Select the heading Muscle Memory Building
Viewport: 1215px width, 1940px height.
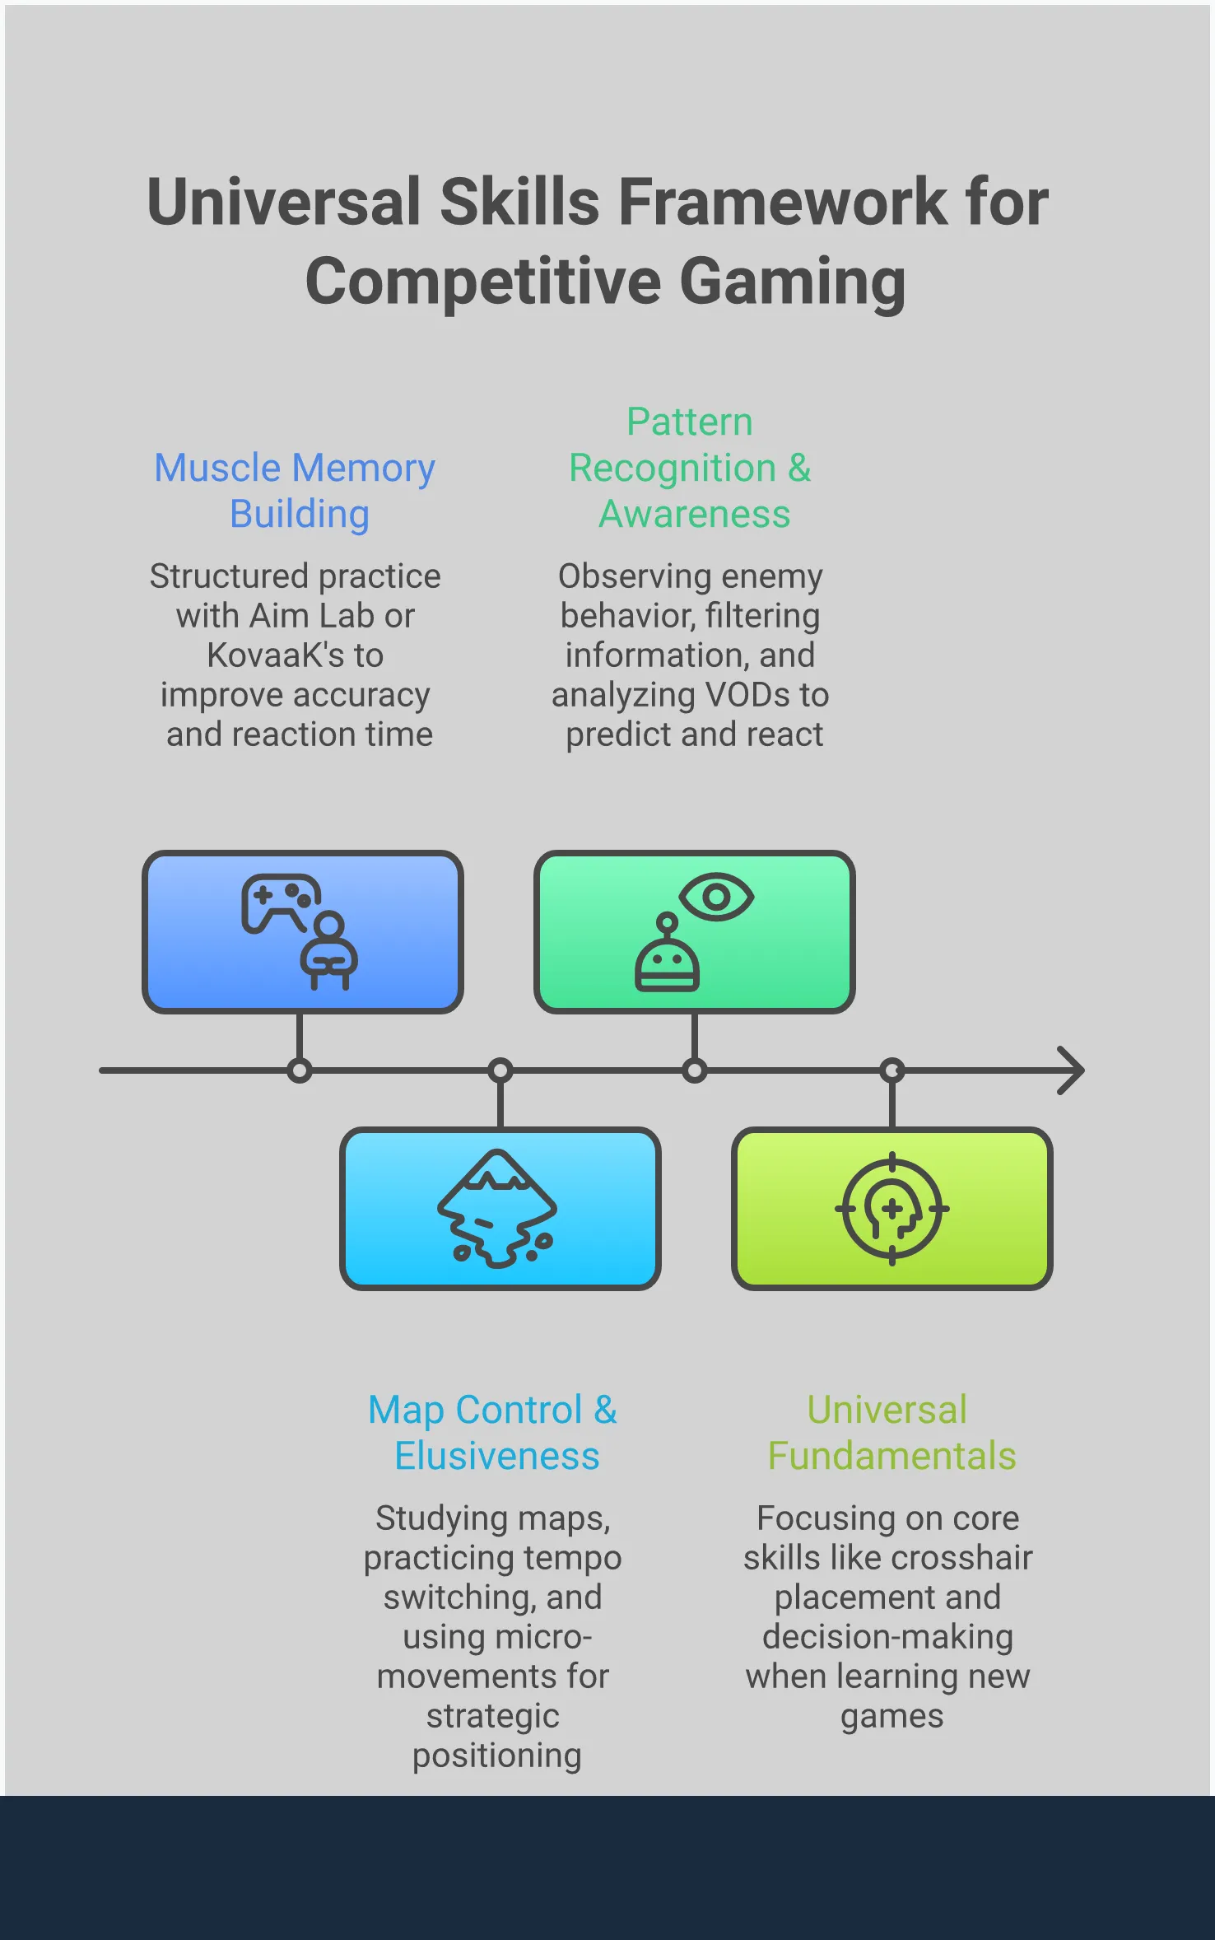click(x=296, y=491)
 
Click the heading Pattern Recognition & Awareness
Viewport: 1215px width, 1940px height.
click(x=691, y=468)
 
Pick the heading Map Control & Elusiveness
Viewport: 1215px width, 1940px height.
click(x=493, y=1433)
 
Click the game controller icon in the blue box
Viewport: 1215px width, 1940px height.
click(x=281, y=902)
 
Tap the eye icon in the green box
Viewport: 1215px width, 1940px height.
click(x=716, y=896)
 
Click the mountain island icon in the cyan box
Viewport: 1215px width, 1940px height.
click(x=497, y=1207)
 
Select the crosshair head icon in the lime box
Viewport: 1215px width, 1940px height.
click(x=892, y=1209)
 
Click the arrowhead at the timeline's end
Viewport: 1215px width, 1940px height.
click(x=1072, y=1070)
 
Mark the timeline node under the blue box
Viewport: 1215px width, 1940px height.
click(x=300, y=1070)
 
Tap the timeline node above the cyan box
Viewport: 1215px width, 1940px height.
click(x=500, y=1070)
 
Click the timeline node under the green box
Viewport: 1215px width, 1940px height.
click(x=695, y=1070)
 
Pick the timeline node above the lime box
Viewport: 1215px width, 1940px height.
click(x=892, y=1070)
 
